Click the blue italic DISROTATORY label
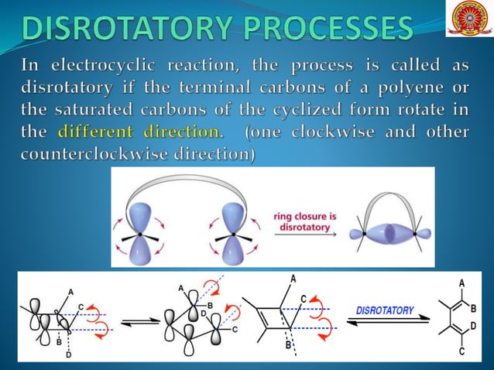click(x=385, y=310)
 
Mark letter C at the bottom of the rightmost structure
click(x=462, y=352)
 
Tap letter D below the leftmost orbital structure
click(x=68, y=355)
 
